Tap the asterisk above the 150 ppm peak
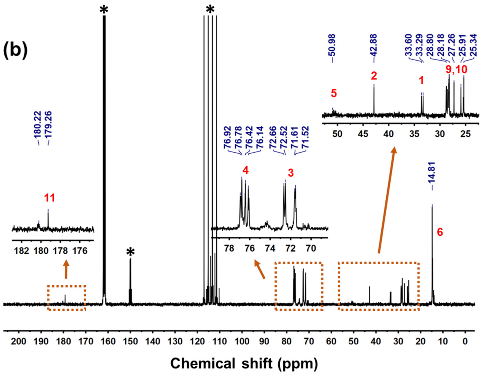click(130, 252)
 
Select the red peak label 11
click(49, 198)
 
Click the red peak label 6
click(440, 232)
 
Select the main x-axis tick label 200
click(19, 341)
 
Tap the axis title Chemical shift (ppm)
click(244, 363)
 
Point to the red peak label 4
click(245, 170)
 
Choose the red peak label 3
click(291, 173)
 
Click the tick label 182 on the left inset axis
click(22, 251)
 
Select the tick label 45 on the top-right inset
click(363, 134)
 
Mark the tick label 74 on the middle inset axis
click(270, 248)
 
